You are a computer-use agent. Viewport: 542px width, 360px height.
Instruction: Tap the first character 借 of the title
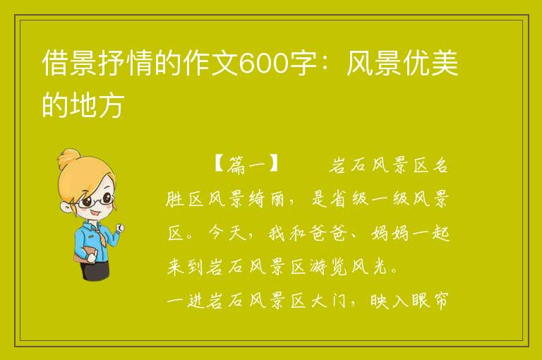[54, 63]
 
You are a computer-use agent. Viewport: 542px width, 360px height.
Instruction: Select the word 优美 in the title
[431, 63]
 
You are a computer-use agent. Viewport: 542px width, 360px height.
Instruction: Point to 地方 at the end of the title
[97, 104]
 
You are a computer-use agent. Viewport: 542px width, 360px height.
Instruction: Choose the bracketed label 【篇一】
[246, 164]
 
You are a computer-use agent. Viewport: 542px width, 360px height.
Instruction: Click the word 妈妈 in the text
[390, 234]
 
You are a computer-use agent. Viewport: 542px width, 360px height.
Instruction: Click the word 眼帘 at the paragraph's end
[430, 301]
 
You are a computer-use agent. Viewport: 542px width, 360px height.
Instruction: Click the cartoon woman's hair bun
[69, 158]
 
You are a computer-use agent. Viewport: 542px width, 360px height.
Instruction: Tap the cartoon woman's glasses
[95, 200]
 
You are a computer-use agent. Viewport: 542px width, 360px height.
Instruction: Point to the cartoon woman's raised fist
[120, 227]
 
